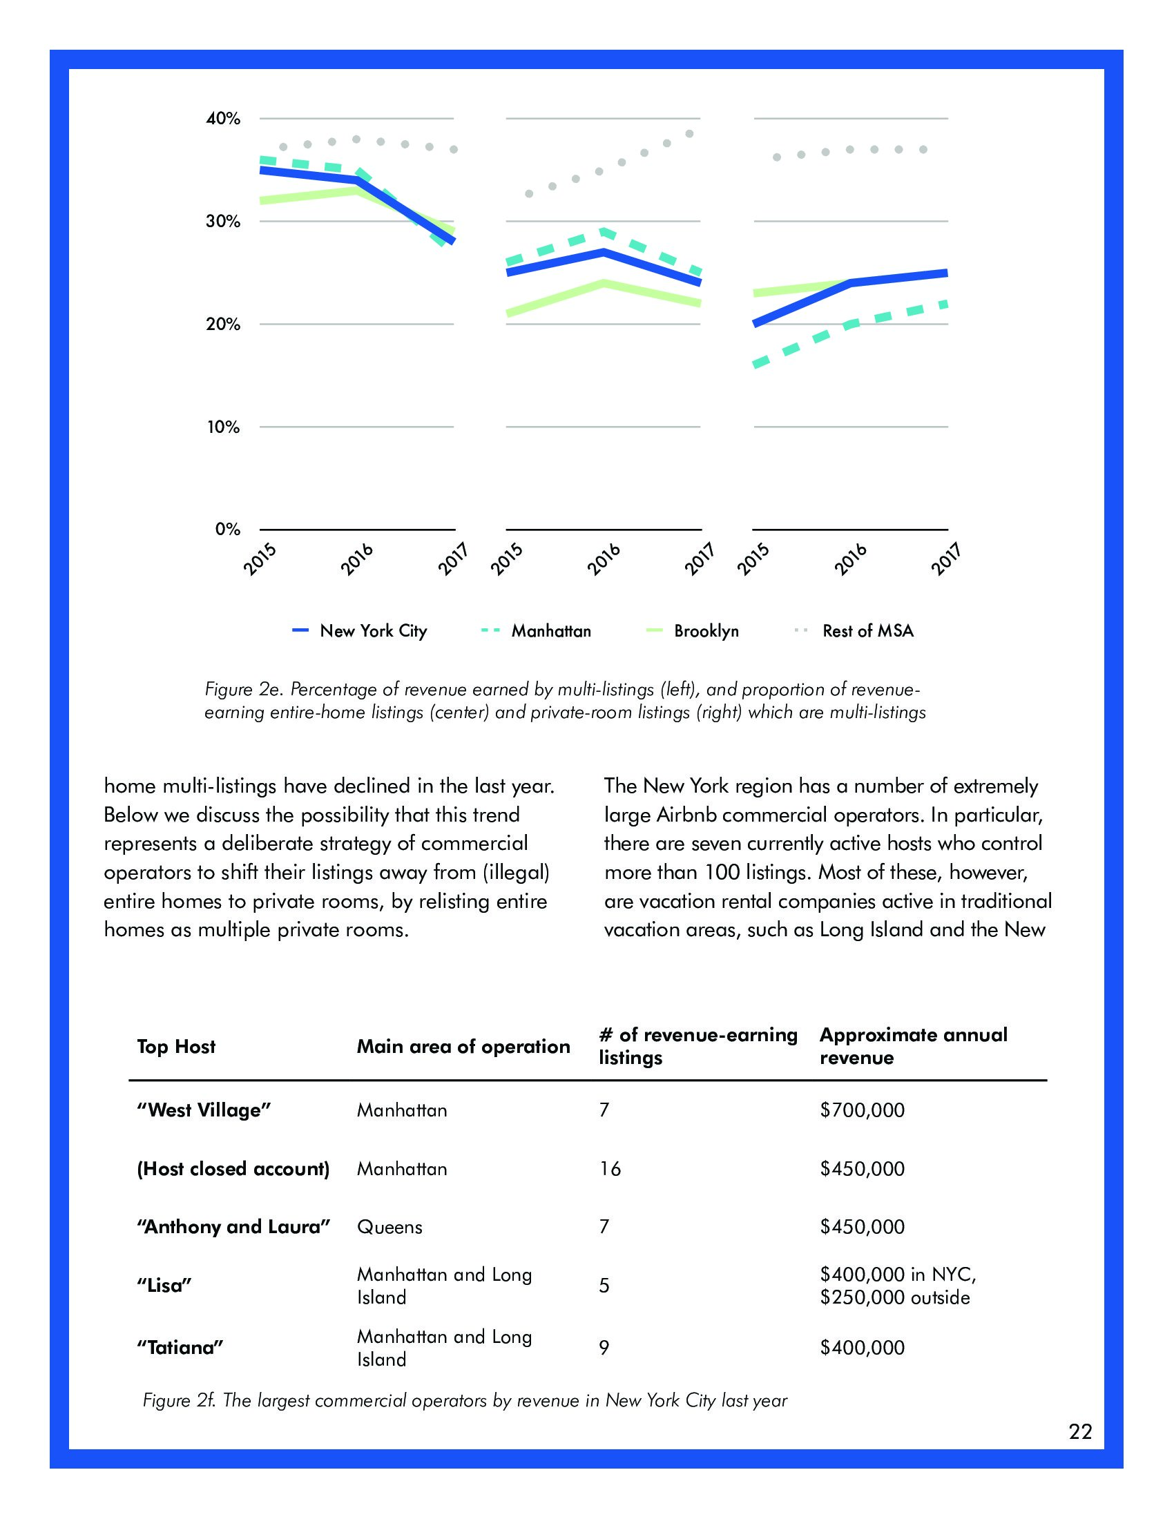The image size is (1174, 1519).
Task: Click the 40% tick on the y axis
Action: [x=222, y=119]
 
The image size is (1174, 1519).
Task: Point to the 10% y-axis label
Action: [x=222, y=427]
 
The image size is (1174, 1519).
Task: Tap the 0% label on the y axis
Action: [x=227, y=530]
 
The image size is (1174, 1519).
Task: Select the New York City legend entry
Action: [x=373, y=631]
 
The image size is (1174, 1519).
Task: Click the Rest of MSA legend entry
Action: [x=867, y=631]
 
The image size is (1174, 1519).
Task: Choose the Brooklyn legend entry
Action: [x=706, y=631]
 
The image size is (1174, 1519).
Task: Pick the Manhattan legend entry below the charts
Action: [x=551, y=631]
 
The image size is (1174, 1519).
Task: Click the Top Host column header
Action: [x=176, y=1047]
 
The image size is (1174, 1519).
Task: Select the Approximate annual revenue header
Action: [x=913, y=1046]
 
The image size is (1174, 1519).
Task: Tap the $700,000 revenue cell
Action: [x=863, y=1110]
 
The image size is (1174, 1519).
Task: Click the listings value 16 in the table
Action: [x=610, y=1168]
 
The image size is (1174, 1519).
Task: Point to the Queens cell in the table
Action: [x=389, y=1227]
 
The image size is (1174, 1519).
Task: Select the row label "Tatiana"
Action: [x=180, y=1348]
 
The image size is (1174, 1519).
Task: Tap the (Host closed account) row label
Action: [x=233, y=1168]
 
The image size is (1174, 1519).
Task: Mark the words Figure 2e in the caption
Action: [x=242, y=689]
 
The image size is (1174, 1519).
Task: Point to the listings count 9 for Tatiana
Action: [x=604, y=1348]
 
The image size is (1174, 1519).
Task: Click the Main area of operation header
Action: [x=463, y=1047]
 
